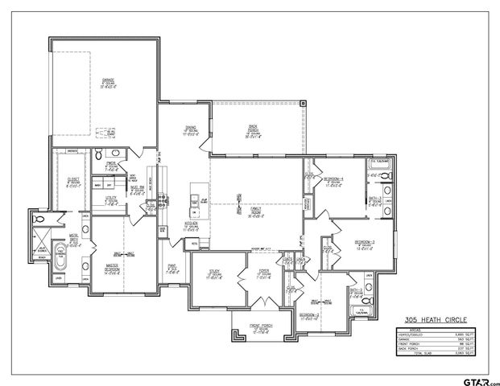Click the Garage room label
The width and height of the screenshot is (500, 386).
(x=107, y=81)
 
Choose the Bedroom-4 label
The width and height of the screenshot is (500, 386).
(x=333, y=180)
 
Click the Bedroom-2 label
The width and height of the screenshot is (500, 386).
(x=310, y=315)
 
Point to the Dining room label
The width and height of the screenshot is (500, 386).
(x=192, y=129)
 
